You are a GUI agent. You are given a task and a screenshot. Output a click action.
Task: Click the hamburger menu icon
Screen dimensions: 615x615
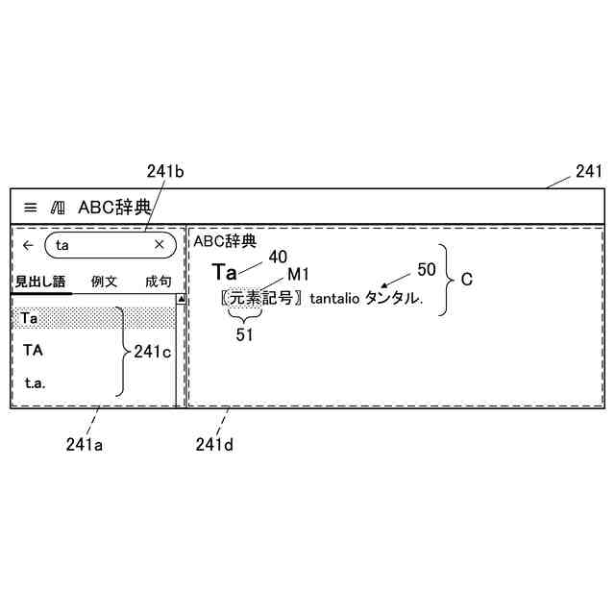31,207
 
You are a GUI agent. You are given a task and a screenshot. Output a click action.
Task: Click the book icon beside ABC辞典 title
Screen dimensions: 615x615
58,207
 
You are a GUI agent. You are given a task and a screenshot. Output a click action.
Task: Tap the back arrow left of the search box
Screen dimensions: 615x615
28,245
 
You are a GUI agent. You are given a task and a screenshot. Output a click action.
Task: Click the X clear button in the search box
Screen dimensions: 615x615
160,245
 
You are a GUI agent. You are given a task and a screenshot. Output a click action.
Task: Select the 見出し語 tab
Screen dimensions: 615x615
40,282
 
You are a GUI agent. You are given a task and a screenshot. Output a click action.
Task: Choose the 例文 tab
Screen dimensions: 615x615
104,282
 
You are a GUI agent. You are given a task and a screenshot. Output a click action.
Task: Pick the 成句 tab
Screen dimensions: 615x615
159,282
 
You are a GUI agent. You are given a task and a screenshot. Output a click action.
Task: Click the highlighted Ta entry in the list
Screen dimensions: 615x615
29,317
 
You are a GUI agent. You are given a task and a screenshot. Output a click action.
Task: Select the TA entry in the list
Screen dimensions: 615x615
33,350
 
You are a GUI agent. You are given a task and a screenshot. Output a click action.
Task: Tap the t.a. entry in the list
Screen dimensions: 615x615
35,382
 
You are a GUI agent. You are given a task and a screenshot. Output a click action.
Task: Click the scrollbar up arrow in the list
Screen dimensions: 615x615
180,300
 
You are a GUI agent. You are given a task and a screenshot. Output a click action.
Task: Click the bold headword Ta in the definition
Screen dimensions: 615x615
224,272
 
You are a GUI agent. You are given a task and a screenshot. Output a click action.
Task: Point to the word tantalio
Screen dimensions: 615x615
334,299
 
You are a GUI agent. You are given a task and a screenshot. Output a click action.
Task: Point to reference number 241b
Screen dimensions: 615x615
165,172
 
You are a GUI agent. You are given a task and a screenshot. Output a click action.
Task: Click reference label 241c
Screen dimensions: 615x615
153,352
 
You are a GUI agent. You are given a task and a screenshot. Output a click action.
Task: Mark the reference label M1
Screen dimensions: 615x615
298,274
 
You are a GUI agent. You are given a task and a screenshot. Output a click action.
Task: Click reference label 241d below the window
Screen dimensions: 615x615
213,444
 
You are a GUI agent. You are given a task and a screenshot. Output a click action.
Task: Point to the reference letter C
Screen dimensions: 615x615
467,280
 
